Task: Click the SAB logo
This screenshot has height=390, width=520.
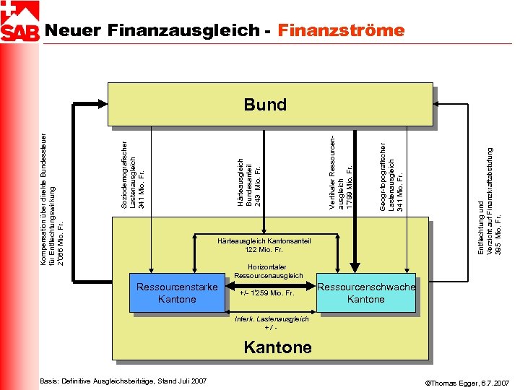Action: [20, 22]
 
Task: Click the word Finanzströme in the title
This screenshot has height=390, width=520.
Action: [341, 30]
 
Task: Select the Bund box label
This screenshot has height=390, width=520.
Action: [265, 105]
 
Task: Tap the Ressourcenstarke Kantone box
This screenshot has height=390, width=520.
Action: [177, 292]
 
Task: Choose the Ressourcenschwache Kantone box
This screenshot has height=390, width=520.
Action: [366, 292]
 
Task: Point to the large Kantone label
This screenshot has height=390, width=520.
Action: [277, 347]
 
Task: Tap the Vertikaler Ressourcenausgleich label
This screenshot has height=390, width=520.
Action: [340, 173]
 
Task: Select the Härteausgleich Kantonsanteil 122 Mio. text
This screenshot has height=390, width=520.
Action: [264, 246]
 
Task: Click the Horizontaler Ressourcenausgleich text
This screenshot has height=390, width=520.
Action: [269, 272]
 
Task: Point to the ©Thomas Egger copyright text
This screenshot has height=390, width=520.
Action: [467, 381]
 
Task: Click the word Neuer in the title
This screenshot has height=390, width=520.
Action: [72, 30]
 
